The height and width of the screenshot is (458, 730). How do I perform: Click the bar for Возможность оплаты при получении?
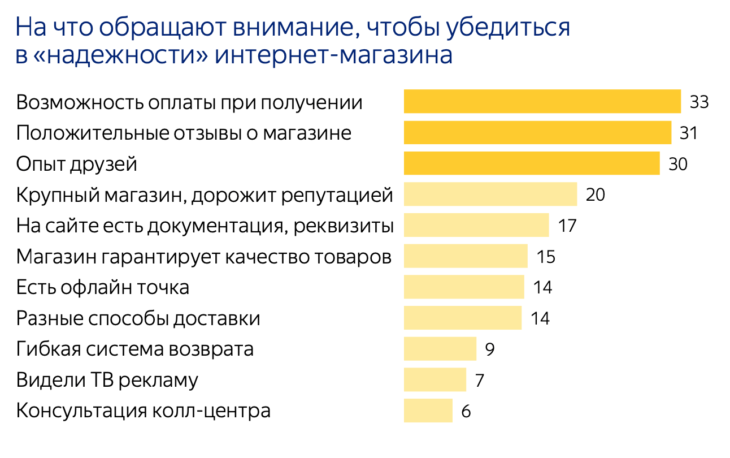(542, 102)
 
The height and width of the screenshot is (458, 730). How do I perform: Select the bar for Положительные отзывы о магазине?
(537, 133)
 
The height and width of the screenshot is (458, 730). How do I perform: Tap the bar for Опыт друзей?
(532, 163)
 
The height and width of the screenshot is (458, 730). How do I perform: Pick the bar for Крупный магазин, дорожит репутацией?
(490, 195)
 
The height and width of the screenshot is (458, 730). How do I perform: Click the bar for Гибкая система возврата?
(440, 348)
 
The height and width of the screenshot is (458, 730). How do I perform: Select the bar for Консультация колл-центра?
(428, 410)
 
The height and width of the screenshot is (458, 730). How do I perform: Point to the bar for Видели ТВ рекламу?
(435, 379)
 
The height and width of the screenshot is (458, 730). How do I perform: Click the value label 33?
(699, 102)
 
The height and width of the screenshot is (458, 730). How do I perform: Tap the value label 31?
(689, 133)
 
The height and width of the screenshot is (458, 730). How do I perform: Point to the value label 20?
(596, 195)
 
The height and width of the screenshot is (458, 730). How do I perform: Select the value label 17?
(567, 226)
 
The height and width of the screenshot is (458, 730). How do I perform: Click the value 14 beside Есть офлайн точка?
(542, 287)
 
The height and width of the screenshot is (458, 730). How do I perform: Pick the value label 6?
(466, 411)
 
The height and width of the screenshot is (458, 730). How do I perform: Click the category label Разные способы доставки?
(138, 318)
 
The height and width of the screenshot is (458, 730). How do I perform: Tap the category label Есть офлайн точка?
(103, 287)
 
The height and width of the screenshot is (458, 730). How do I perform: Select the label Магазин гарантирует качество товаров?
(204, 257)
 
